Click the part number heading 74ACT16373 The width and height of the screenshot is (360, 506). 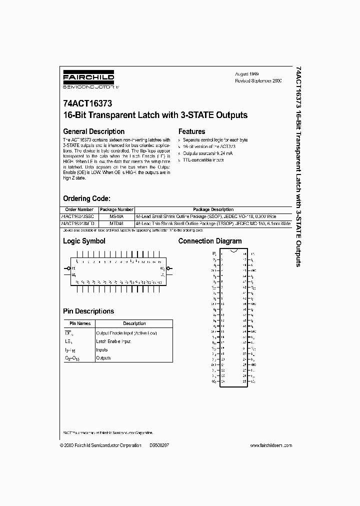[x=87, y=104]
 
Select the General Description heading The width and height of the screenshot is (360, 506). [x=93, y=131]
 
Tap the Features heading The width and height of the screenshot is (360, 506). [x=192, y=131]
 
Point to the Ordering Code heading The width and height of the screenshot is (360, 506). [x=90, y=198]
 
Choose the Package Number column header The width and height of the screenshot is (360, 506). [x=116, y=209]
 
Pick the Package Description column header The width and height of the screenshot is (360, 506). [x=213, y=209]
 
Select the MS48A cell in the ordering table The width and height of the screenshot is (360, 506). [x=116, y=216]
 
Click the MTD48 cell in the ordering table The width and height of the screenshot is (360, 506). [x=116, y=223]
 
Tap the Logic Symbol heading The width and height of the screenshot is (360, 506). [x=84, y=241]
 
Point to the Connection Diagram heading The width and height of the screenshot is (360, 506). [x=210, y=241]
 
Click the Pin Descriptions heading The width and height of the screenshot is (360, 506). [x=88, y=311]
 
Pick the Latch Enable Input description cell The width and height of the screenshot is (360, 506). [x=113, y=341]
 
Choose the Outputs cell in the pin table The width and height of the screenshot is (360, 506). [x=102, y=358]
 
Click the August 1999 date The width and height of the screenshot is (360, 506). [x=246, y=73]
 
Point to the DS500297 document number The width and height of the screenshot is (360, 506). [x=159, y=445]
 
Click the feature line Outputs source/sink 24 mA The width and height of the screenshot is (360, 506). [x=207, y=153]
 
